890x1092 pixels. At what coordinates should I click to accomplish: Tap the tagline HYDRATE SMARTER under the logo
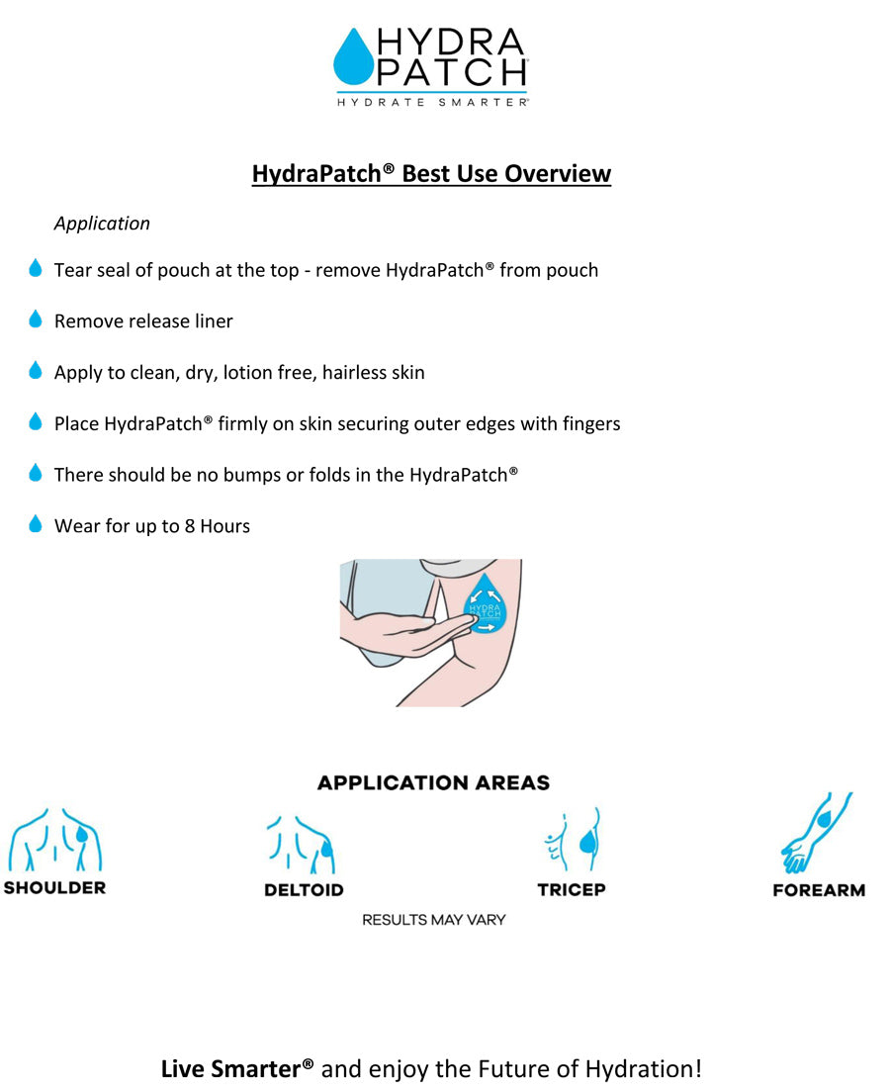(x=431, y=101)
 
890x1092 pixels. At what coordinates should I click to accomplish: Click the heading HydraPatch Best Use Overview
(x=431, y=174)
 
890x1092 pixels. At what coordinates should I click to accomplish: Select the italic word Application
(x=102, y=224)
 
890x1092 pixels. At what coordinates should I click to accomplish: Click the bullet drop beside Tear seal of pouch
(x=36, y=268)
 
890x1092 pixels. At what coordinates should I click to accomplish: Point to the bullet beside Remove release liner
(x=36, y=319)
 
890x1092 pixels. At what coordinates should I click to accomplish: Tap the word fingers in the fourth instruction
(x=589, y=424)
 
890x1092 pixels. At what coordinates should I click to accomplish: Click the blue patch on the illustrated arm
(x=485, y=604)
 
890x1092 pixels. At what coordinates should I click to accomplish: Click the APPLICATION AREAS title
(x=433, y=783)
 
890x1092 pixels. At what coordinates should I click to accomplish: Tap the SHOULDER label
(x=54, y=887)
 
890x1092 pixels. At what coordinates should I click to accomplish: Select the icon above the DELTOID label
(x=302, y=847)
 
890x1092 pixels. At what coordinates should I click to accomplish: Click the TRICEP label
(x=572, y=889)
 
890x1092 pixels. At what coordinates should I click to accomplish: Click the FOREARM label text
(x=819, y=890)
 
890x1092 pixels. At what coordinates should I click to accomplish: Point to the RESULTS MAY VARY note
(x=433, y=920)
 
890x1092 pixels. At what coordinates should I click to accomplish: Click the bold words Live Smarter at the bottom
(x=237, y=1069)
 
